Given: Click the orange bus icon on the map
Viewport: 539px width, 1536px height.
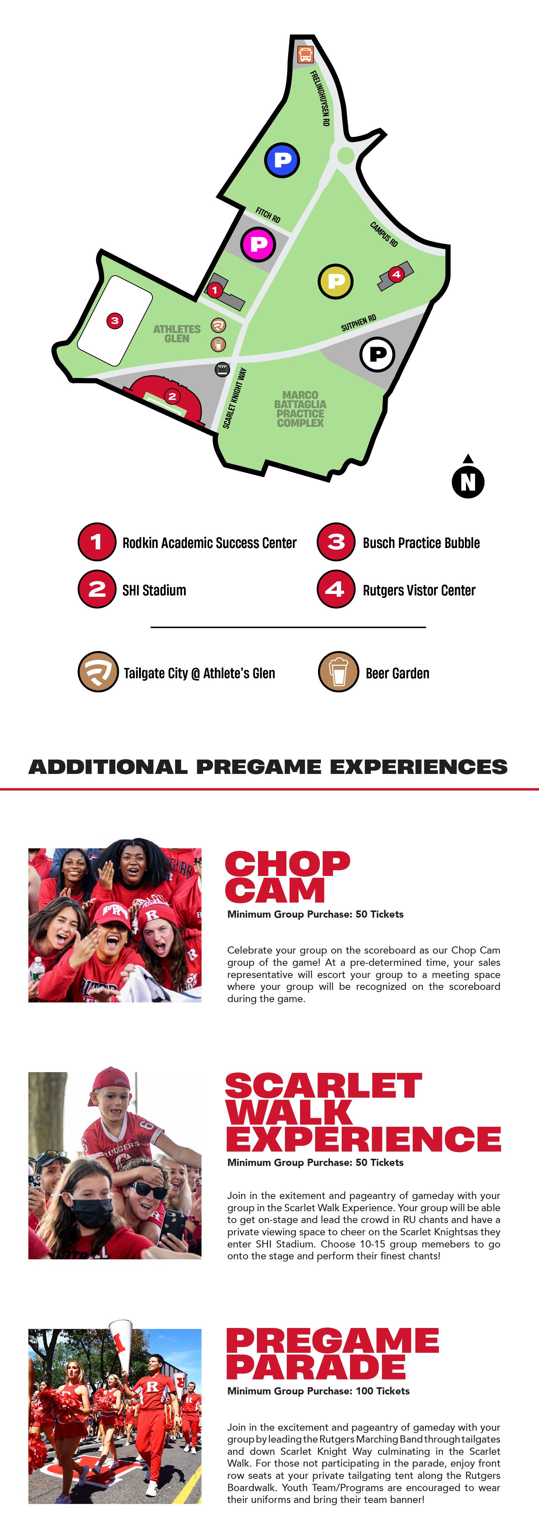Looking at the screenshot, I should (x=305, y=55).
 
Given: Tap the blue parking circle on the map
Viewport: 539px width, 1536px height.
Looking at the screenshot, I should (x=282, y=160).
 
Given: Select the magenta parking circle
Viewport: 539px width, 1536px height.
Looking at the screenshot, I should (x=258, y=244).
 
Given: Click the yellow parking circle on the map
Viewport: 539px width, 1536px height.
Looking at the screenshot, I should (x=336, y=281).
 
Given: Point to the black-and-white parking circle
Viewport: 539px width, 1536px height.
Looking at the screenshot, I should (x=377, y=355).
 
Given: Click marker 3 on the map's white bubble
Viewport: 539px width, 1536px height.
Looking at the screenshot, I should (x=115, y=321).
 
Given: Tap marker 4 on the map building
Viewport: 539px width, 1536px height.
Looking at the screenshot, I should (x=396, y=274).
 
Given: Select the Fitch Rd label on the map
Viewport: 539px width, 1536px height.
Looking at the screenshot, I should (x=268, y=215).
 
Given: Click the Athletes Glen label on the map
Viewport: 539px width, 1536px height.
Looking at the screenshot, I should (x=177, y=333).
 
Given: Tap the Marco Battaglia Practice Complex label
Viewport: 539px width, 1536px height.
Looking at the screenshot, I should (x=300, y=409).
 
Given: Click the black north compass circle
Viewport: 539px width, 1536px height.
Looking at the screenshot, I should (x=468, y=482).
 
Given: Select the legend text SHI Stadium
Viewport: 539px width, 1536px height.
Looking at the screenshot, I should (x=155, y=590).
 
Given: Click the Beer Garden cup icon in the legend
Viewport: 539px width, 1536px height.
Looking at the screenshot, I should (x=338, y=672).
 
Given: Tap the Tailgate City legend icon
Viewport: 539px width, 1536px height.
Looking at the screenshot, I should (x=98, y=672).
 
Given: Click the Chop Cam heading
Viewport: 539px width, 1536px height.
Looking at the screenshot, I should (x=287, y=877).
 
